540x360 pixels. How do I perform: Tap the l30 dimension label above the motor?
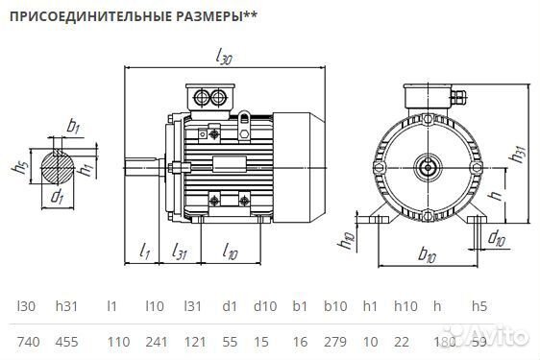pyautogui.click(x=224, y=60)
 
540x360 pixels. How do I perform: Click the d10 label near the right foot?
pyautogui.click(x=497, y=237)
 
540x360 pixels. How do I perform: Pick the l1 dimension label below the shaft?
pyautogui.click(x=144, y=252)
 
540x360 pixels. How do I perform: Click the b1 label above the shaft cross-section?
pyautogui.click(x=73, y=126)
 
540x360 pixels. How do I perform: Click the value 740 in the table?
pyautogui.click(x=29, y=342)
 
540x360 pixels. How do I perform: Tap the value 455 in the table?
pyautogui.click(x=67, y=342)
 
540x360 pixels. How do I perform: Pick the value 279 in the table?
pyautogui.click(x=335, y=342)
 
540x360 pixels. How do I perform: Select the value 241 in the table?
pyautogui.click(x=156, y=342)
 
